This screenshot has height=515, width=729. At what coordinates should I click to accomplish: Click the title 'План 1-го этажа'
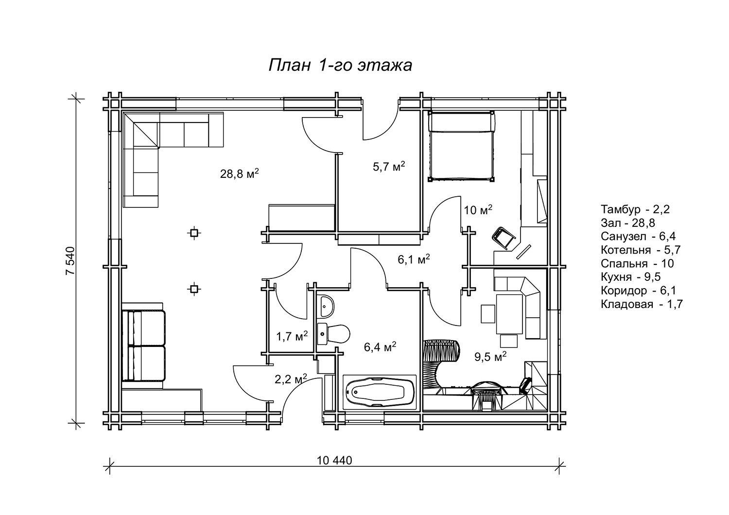[340, 65]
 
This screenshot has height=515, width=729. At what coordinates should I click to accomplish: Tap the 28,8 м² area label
[239, 173]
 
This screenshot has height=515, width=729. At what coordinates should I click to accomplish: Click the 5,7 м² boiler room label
[389, 167]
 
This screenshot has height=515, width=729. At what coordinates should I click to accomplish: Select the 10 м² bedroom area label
[478, 210]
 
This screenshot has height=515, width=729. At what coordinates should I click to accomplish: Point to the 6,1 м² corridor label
[414, 259]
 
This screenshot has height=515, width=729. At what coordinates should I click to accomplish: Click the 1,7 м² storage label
[292, 336]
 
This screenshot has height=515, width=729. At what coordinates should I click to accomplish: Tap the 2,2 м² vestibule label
[291, 379]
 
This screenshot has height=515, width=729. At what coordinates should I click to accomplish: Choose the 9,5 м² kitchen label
[490, 357]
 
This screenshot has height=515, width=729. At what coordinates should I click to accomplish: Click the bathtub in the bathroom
[380, 392]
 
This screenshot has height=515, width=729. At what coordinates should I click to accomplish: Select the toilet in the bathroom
[333, 334]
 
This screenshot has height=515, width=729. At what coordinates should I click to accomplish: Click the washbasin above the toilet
[326, 306]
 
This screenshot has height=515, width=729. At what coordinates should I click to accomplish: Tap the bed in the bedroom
[462, 146]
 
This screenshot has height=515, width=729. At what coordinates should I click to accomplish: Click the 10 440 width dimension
[334, 460]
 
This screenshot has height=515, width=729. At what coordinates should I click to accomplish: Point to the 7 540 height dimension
[70, 260]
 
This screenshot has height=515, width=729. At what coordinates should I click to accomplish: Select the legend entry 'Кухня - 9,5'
[631, 276]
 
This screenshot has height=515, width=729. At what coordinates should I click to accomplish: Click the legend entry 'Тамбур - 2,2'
[635, 209]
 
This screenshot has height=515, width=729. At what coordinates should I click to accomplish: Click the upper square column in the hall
[194, 233]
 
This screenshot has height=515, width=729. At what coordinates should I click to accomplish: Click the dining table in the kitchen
[509, 314]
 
